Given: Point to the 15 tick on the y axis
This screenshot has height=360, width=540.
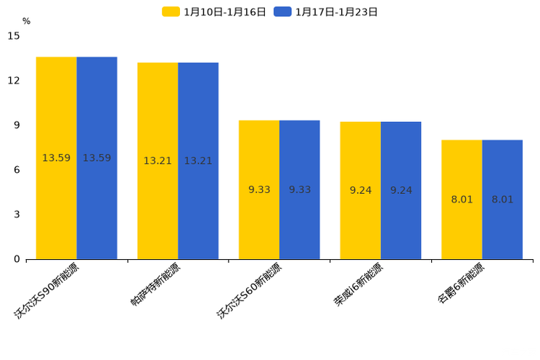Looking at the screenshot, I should pos(14,36).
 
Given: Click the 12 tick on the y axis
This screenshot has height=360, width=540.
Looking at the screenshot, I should pos(14,81).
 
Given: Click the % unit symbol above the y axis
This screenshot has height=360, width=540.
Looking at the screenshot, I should pos(26,21).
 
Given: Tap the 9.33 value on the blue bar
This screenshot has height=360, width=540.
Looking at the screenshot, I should pos(300,190).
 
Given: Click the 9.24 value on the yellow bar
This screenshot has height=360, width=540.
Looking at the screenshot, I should pos(361,191).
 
